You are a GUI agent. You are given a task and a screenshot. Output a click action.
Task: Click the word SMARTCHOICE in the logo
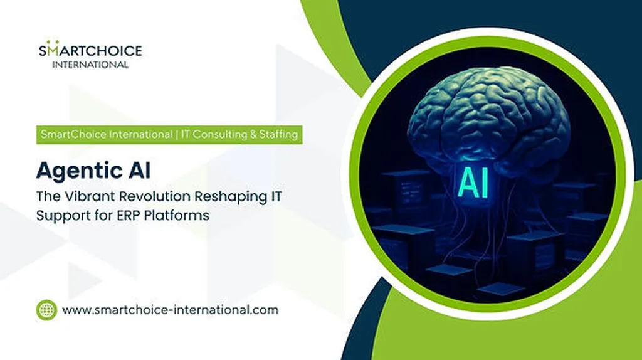[90, 50]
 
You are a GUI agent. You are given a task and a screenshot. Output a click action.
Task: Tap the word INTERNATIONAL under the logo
[90, 65]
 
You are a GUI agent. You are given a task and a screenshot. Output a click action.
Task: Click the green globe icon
[46, 310]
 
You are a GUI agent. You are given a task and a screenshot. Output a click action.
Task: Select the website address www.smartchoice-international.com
[171, 310]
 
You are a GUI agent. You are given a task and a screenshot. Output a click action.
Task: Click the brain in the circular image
[489, 119]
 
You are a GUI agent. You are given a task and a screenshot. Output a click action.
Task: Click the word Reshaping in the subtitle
[231, 197]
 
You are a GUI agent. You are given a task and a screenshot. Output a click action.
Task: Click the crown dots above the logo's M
[53, 42]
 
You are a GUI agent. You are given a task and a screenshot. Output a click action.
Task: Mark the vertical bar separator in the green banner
[176, 135]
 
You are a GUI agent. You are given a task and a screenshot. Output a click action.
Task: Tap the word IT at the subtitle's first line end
[276, 196]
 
